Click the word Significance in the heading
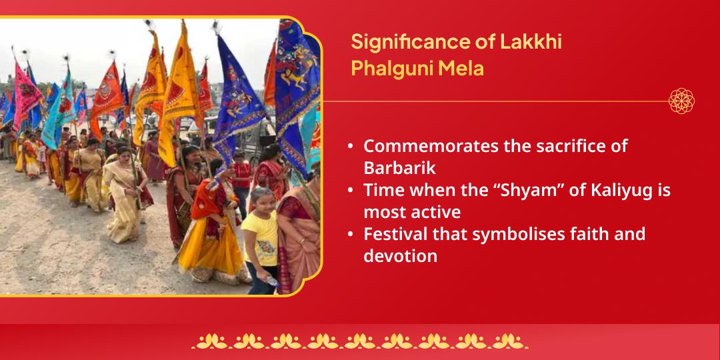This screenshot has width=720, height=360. tap(404, 42)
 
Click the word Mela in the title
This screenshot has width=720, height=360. tap(461, 68)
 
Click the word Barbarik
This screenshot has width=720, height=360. tap(399, 167)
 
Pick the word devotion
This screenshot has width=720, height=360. tap(400, 255)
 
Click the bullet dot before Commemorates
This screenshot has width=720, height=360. tap(351, 147)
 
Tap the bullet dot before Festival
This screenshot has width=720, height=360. tap(351, 235)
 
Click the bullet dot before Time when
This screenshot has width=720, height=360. tap(351, 191)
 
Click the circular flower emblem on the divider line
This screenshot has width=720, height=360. tap(681, 101)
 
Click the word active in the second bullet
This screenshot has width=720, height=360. tap(436, 211)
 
